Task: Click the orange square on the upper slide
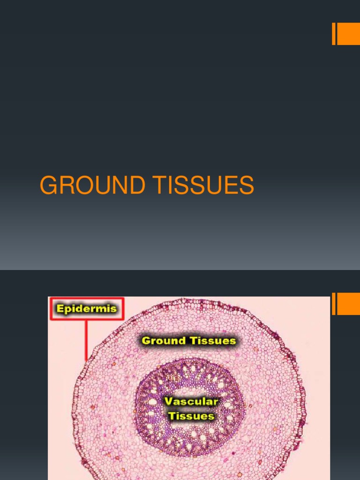coord(348,34)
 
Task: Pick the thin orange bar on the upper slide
coord(334,34)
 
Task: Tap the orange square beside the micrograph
coord(348,304)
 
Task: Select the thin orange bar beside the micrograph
coord(334,304)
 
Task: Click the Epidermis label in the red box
coord(87,308)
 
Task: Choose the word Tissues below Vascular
coord(191,415)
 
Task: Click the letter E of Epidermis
coord(59,308)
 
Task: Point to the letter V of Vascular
coord(167,402)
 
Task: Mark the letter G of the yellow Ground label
coord(146,341)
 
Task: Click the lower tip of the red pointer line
coord(86,360)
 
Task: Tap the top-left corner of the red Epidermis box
coord(51,298)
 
